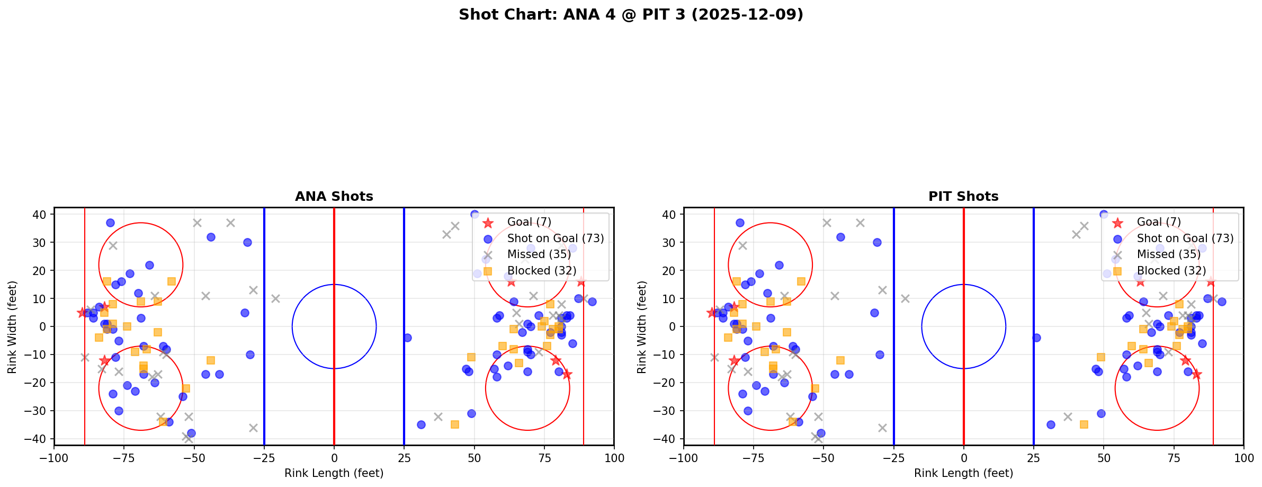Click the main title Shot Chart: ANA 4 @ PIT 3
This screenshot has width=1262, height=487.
click(x=631, y=14)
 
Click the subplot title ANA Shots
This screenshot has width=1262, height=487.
click(x=334, y=197)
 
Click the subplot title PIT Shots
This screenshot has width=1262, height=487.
click(x=963, y=197)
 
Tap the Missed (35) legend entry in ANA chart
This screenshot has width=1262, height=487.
click(x=539, y=254)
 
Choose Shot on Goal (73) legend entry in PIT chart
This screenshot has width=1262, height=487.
click(x=1185, y=238)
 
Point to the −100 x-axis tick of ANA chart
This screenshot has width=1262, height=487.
click(x=54, y=458)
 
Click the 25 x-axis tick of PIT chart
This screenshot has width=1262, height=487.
click(x=1033, y=458)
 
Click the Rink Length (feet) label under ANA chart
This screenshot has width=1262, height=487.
click(x=334, y=473)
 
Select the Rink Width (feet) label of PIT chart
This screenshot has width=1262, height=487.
click(x=642, y=327)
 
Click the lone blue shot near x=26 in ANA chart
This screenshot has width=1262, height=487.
click(x=407, y=338)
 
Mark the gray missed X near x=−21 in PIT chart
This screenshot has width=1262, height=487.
click(x=905, y=298)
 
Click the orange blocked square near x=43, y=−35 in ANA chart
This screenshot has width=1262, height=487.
click(x=454, y=424)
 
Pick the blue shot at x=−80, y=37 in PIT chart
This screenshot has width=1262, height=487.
click(x=740, y=223)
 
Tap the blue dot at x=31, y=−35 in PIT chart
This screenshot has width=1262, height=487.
click(x=1051, y=424)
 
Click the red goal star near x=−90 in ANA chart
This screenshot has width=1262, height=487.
click(x=82, y=313)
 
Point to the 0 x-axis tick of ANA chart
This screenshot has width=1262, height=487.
click(x=334, y=458)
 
